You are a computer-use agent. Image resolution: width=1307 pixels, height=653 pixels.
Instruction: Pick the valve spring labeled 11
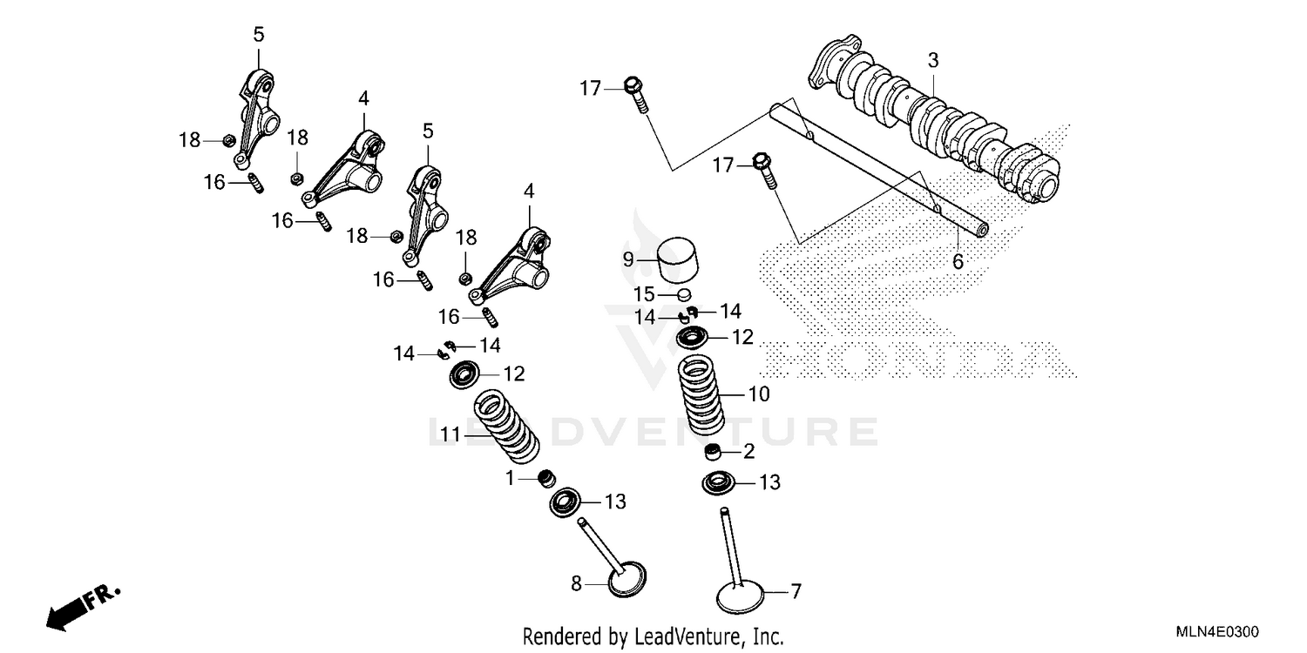point(506,427)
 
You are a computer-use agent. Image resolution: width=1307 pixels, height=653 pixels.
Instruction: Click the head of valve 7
point(740,598)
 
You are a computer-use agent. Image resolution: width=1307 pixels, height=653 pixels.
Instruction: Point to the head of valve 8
point(627,582)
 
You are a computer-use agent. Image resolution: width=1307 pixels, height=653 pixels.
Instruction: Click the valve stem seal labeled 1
point(547,478)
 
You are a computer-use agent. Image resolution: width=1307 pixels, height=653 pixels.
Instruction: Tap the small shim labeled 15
point(685,294)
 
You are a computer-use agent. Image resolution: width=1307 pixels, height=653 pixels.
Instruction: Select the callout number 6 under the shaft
point(958,261)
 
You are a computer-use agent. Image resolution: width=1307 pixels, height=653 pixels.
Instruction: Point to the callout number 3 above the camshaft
point(932,61)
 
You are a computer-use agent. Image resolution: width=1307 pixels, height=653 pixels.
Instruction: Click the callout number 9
point(626,259)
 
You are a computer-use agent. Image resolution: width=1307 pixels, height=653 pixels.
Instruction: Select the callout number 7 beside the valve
point(795,592)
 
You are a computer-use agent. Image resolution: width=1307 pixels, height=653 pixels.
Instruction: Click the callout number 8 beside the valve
point(576,584)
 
